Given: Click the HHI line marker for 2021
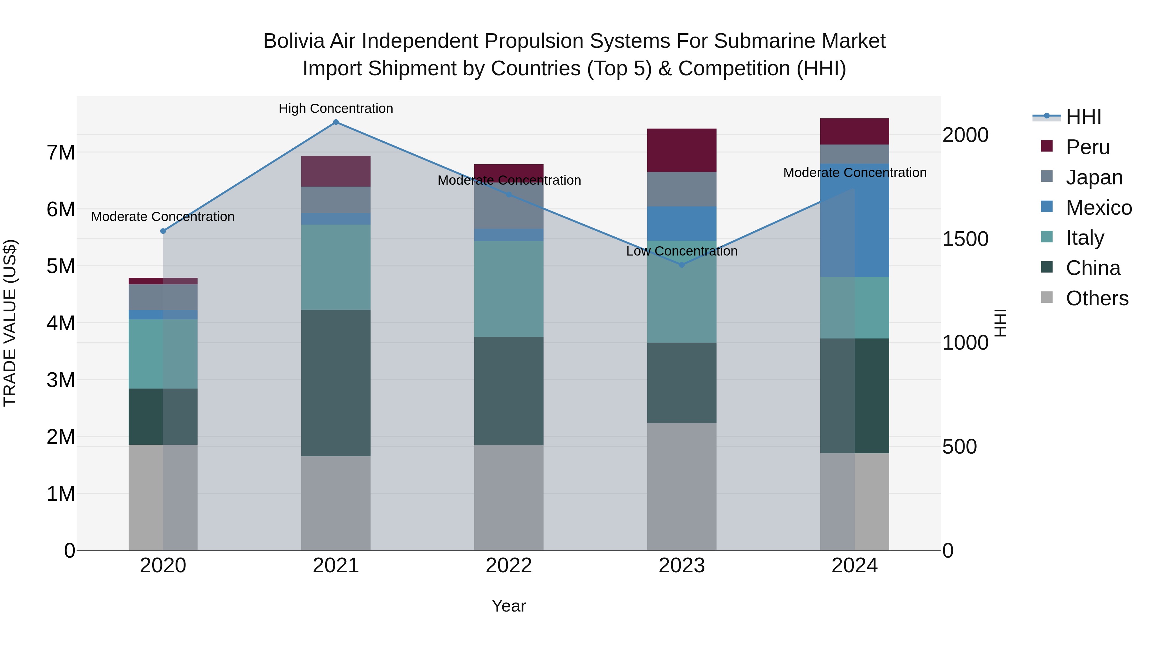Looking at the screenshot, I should (x=336, y=122).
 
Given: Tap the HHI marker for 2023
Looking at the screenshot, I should (x=681, y=265).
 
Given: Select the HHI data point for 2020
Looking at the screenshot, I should (x=163, y=231).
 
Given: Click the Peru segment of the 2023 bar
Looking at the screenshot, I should (x=681, y=150).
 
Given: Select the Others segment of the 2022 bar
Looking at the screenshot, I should (x=508, y=497).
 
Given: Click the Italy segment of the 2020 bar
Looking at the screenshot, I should (x=163, y=353).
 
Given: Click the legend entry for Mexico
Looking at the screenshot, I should (x=1099, y=208).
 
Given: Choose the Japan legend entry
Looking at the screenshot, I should (x=1094, y=177).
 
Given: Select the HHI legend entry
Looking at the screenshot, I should (x=1083, y=117).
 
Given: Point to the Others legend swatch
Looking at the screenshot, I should (x=1047, y=298).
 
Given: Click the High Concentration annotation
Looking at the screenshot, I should (x=336, y=108).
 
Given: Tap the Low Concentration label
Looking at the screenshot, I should (x=681, y=251).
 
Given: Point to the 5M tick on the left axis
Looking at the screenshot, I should (x=61, y=266).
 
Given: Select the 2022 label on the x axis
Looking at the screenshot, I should (x=508, y=566).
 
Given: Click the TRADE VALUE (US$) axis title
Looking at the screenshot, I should (x=10, y=323).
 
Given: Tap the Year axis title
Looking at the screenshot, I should (x=508, y=606).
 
